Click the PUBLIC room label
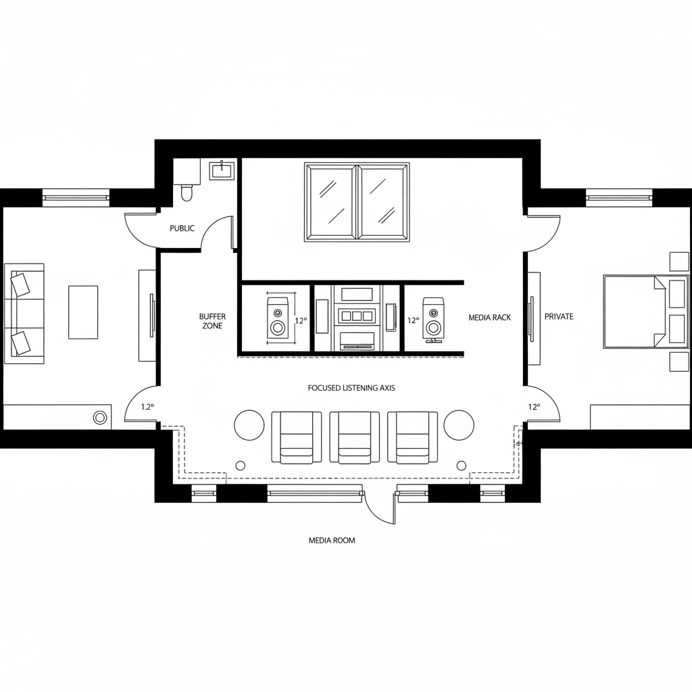(x=182, y=228)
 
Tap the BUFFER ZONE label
(x=212, y=321)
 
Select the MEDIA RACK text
(x=490, y=317)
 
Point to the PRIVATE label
(x=559, y=316)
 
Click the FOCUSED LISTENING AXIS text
(x=351, y=388)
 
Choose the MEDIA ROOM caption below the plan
(x=332, y=541)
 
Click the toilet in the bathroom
(x=187, y=192)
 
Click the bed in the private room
(x=632, y=312)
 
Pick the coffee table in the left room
(x=83, y=312)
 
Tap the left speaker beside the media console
(x=278, y=318)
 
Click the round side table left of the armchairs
(x=249, y=424)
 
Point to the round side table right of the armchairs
(x=460, y=424)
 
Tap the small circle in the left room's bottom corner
(x=100, y=417)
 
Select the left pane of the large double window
(x=330, y=201)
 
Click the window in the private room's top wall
(x=619, y=198)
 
